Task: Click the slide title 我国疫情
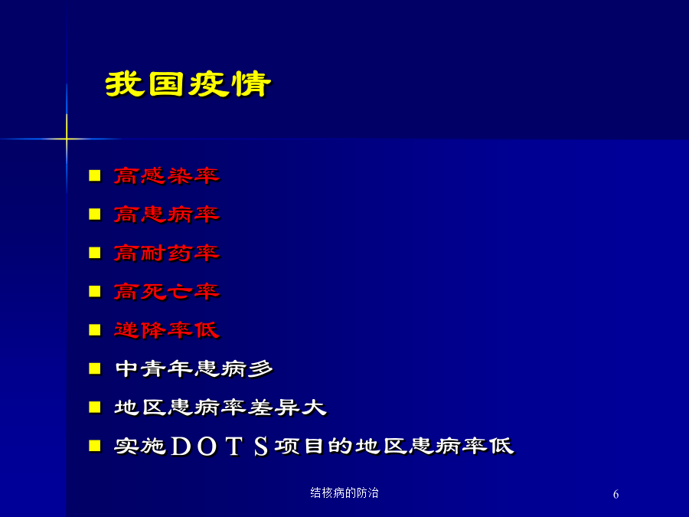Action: pos(188,83)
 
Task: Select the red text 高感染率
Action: pos(167,176)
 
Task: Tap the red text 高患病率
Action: pos(167,214)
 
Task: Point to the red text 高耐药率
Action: pos(167,254)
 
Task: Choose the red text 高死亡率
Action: pos(167,292)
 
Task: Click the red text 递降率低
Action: pos(167,330)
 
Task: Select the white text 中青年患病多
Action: pos(194,369)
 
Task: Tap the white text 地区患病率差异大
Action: pos(220,407)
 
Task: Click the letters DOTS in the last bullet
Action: pos(219,447)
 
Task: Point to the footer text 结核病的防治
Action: pos(344,492)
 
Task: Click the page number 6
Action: pos(616,494)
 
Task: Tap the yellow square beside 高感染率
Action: pos(94,176)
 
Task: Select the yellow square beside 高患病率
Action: pos(94,214)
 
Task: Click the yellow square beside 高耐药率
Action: pos(94,254)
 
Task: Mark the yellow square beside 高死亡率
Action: pos(94,292)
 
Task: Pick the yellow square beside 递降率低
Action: pos(94,330)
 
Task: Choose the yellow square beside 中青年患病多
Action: pos(94,369)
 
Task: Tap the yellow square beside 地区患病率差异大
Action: pos(94,407)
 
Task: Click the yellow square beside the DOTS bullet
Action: pos(94,447)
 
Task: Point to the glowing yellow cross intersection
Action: pos(67,139)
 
